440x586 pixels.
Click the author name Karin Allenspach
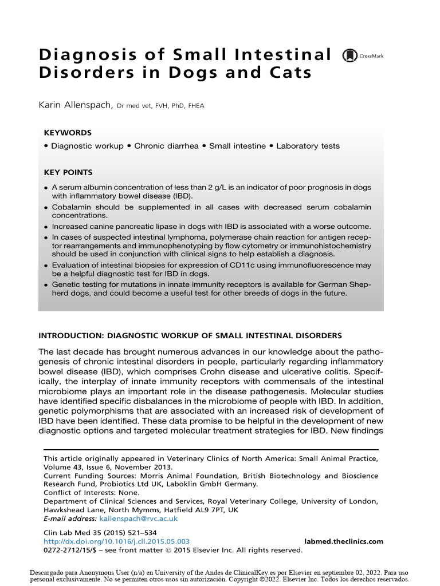click(x=75, y=105)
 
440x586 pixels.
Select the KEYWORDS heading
click(x=68, y=132)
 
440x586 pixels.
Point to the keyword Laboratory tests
click(x=308, y=146)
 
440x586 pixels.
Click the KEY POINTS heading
click(x=68, y=172)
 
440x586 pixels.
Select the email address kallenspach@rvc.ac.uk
click(x=139, y=518)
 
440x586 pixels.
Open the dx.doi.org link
click(x=117, y=541)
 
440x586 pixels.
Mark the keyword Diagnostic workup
click(x=87, y=146)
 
